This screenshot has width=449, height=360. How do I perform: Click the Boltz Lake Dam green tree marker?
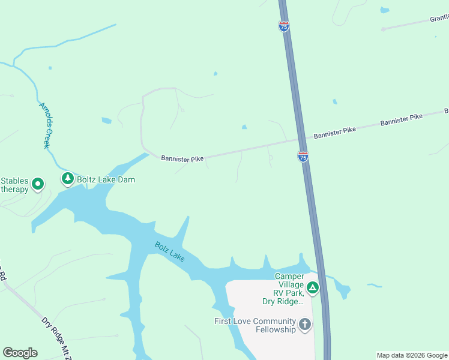coord(68,179)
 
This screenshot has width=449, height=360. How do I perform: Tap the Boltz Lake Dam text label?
coord(106,179)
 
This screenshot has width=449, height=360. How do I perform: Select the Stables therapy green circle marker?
coord(38,184)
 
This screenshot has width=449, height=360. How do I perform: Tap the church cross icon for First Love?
coord(305,325)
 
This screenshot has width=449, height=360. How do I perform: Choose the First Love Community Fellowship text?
coord(255,325)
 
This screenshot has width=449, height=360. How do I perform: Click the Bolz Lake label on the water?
coord(169,251)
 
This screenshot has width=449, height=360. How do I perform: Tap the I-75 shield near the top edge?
coord(284,26)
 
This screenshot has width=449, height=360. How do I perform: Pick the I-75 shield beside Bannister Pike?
coord(303,157)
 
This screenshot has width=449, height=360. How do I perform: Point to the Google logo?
coord(20,353)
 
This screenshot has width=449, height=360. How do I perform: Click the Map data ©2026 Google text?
coord(412,355)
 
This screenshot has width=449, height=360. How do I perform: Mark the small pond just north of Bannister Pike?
coord(244,127)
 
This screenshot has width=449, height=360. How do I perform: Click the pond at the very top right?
coord(384,10)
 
